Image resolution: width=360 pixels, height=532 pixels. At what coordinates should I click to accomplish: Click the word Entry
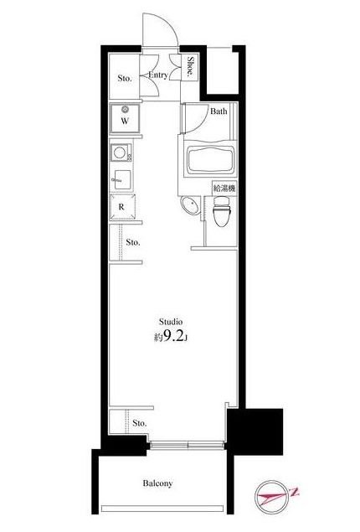[x=158, y=75]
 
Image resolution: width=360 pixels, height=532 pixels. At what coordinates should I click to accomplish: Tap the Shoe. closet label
[x=191, y=67]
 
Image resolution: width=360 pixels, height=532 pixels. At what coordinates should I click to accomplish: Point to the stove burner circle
[x=119, y=153]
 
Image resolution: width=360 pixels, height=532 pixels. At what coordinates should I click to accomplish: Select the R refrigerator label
[x=122, y=206]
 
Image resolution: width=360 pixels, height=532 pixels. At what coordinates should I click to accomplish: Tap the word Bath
[x=219, y=111]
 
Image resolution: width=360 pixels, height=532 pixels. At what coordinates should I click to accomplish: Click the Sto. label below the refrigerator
[x=133, y=243]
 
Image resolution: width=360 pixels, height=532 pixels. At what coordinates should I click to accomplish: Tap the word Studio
[x=172, y=321]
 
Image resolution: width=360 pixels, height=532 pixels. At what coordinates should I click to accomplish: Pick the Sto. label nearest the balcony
[x=139, y=423]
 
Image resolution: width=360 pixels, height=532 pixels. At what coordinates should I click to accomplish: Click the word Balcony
[x=157, y=483]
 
